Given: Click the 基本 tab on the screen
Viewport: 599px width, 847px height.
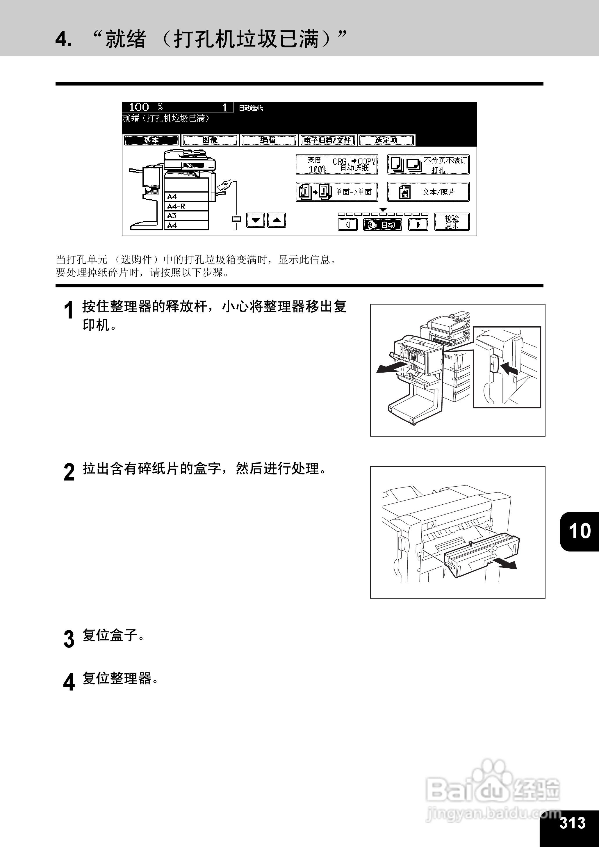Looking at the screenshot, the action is pyautogui.click(x=151, y=140).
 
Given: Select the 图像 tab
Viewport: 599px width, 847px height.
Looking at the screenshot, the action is pyautogui.click(x=210, y=140).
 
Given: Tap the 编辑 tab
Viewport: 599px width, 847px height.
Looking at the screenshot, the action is pyautogui.click(x=268, y=140).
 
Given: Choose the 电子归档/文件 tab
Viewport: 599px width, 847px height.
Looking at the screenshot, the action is pyautogui.click(x=327, y=140).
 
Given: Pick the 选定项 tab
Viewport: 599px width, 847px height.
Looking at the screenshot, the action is pyautogui.click(x=386, y=140).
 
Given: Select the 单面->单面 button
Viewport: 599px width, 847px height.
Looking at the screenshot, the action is pyautogui.click(x=337, y=192).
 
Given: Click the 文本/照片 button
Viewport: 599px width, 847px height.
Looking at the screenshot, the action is pyautogui.click(x=428, y=192).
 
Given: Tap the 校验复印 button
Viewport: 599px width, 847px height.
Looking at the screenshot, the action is pyautogui.click(x=452, y=222).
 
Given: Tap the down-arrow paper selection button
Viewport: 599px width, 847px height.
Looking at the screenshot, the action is pyautogui.click(x=255, y=220).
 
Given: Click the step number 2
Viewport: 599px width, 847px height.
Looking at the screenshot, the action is pyautogui.click(x=69, y=472).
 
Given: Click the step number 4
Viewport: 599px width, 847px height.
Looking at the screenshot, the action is pyautogui.click(x=69, y=682).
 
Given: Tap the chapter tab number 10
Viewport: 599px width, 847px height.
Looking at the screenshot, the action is pyautogui.click(x=580, y=531).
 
